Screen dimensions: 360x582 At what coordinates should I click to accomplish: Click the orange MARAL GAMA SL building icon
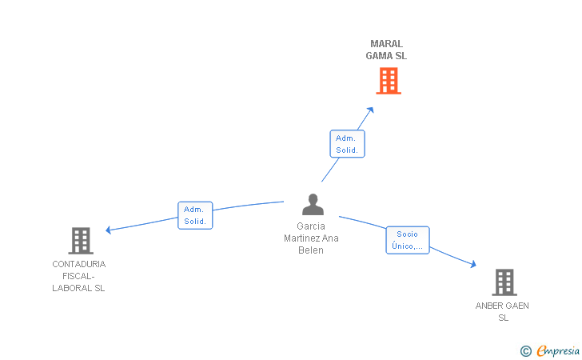point(388,81)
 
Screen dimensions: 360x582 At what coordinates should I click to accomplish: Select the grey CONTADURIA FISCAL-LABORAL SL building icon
point(80,240)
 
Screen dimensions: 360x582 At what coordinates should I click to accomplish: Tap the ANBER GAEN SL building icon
point(504,282)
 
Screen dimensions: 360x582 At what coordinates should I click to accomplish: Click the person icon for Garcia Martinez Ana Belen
point(313,205)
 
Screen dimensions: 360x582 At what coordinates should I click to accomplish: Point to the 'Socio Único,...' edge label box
point(408,240)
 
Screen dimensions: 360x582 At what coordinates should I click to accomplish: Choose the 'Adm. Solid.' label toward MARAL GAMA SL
point(347,144)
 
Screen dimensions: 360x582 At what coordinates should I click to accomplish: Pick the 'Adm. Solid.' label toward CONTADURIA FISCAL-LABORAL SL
point(195,215)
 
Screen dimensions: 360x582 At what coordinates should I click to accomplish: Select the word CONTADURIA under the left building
point(78,264)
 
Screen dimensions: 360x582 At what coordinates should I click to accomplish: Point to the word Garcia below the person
point(311,226)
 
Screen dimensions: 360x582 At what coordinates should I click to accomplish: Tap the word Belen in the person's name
point(311,250)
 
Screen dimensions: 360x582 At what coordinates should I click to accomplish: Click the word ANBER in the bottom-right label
point(490,306)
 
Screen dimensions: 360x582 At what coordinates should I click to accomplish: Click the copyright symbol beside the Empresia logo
point(525,350)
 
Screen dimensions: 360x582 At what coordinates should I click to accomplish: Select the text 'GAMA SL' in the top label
point(386,56)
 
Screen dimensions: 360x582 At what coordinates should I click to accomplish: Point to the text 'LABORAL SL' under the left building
point(78,288)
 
